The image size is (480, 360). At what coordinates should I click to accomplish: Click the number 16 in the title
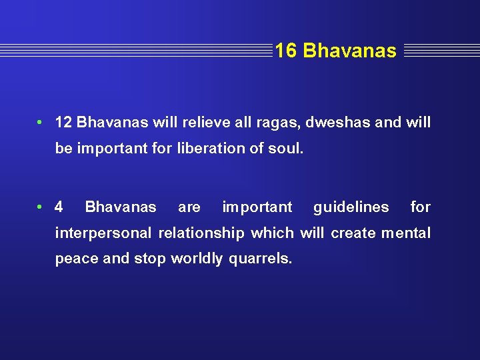286,51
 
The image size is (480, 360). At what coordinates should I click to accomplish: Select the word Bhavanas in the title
349,51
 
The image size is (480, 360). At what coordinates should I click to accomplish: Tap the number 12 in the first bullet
64,123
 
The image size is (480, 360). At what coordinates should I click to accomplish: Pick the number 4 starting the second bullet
59,207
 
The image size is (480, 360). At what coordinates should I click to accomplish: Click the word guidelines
351,207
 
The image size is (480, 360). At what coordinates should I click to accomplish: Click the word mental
405,233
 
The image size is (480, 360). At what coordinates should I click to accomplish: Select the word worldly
197,259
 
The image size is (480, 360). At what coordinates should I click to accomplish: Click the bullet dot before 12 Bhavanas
41,123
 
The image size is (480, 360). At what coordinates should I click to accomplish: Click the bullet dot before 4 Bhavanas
41,207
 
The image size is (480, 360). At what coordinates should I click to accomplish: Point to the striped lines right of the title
441,51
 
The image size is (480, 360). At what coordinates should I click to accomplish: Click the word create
352,233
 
